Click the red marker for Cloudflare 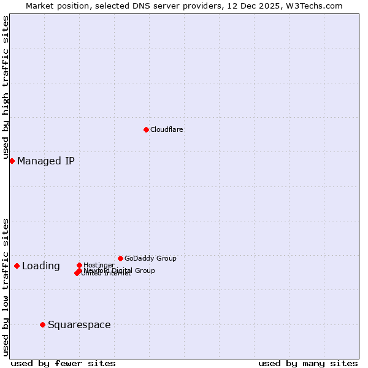146,129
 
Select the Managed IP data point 12,161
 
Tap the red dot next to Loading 17,266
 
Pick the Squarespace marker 42,324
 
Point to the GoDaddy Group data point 120,258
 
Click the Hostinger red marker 79,265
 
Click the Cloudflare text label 166,129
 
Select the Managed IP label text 46,161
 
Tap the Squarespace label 79,325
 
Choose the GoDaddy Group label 150,258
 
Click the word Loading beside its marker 41,266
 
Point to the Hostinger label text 99,265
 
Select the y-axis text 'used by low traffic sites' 6,286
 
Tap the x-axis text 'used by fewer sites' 63,363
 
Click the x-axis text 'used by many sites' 308,363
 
